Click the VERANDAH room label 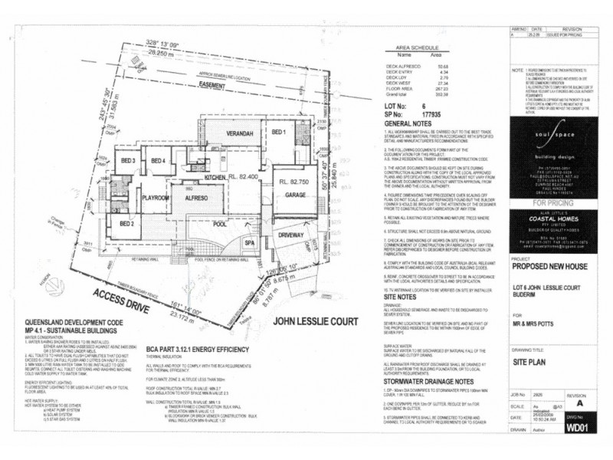(241, 133)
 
